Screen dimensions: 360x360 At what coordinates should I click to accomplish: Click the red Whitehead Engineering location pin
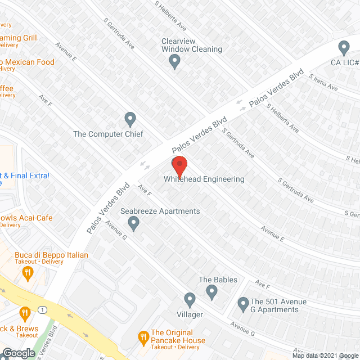tap(179, 166)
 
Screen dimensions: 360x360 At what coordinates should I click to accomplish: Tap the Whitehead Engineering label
tap(204, 179)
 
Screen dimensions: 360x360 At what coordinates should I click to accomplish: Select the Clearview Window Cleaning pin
tap(174, 64)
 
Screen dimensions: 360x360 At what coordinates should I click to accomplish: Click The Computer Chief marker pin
tap(130, 119)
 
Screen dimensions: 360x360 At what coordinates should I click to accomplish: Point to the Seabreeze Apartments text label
tap(160, 211)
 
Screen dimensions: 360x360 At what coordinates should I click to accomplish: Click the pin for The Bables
tap(211, 291)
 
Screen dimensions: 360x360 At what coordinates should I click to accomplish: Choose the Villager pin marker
tap(190, 299)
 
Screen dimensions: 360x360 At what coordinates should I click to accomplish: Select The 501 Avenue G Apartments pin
tap(244, 304)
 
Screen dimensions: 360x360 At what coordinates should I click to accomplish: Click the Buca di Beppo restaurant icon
tap(26, 273)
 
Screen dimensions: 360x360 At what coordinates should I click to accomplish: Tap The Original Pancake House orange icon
tap(143, 337)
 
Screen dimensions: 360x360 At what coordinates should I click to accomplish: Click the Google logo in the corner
tap(18, 353)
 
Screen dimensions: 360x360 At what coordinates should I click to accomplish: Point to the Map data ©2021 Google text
tap(325, 355)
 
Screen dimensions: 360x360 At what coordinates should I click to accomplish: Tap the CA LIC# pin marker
tap(344, 47)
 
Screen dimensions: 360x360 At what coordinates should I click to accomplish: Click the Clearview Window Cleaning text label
tap(191, 45)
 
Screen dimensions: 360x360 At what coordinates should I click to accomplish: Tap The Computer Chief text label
tap(108, 134)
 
